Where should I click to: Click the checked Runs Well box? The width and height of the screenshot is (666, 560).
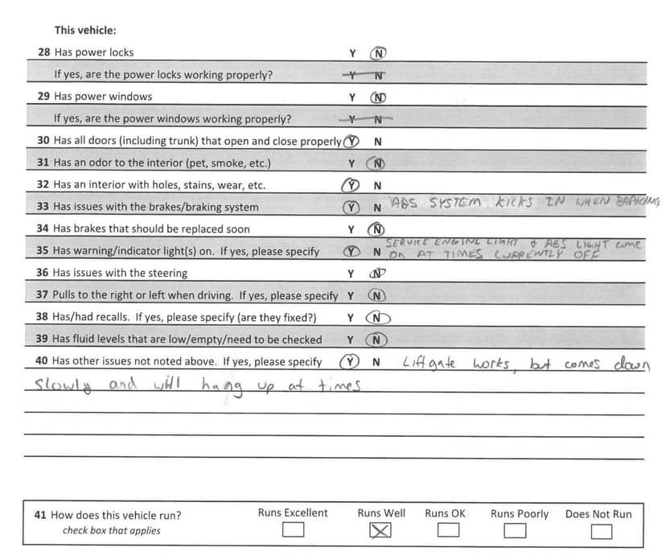pos(380,531)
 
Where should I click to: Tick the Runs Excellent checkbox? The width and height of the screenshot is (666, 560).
pos(293,531)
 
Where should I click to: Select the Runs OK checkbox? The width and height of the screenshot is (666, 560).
pos(448,531)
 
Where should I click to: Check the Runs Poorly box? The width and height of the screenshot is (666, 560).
pos(516,531)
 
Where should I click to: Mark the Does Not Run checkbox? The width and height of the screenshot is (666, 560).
pos(601,531)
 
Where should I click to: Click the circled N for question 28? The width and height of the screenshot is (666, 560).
pos(379,54)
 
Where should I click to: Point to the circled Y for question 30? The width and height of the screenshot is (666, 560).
pos(350,142)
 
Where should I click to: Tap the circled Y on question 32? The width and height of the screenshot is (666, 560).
pos(351,185)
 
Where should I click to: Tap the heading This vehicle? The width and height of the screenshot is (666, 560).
pos(85,31)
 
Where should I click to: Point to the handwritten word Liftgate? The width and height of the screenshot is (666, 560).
pos(429,363)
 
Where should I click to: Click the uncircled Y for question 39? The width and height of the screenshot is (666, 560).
pos(351,340)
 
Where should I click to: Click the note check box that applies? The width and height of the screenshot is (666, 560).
pos(111,531)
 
